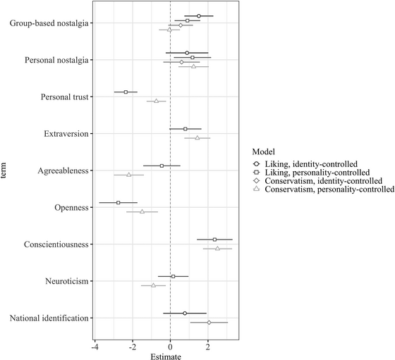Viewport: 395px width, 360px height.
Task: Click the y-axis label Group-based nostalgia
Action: (49, 24)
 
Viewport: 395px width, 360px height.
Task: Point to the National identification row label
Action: (49, 318)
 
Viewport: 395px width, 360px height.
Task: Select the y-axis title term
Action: (6, 171)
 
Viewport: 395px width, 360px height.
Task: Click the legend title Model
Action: (264, 150)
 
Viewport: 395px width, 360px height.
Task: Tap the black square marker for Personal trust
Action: (126, 92)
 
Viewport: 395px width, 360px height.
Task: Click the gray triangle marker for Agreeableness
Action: (128, 175)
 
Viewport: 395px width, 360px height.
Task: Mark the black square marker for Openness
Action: (118, 202)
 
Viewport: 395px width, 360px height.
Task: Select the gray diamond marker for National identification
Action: (209, 322)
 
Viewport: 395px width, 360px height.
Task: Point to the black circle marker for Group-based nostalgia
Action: (199, 15)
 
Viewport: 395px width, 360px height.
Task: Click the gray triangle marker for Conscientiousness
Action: (217, 249)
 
